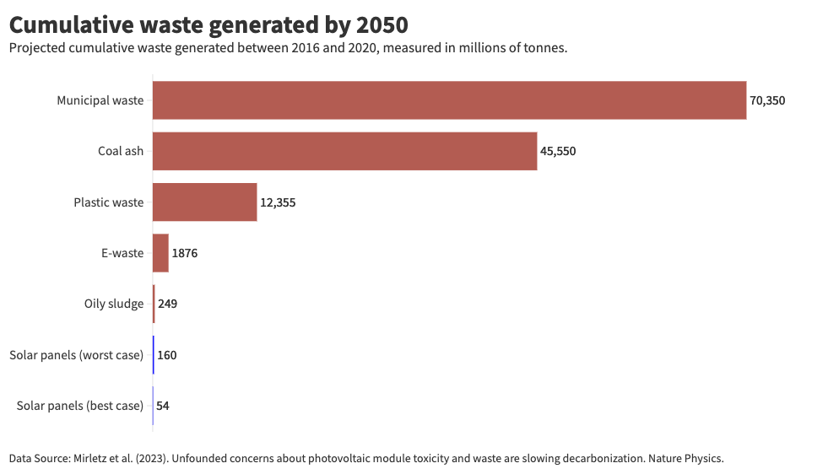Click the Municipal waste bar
[449, 100]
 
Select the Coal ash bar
[344, 152]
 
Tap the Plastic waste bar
[204, 202]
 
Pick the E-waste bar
[160, 253]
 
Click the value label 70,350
[767, 100]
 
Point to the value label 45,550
[558, 152]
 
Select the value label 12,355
[278, 202]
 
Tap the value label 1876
[184, 253]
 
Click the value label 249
[167, 304]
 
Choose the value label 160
[166, 355]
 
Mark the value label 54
[163, 406]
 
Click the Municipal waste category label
[100, 100]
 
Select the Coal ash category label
[121, 152]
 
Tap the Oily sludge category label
[114, 304]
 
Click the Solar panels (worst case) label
[76, 355]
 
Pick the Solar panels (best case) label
[79, 406]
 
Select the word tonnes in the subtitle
[545, 48]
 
